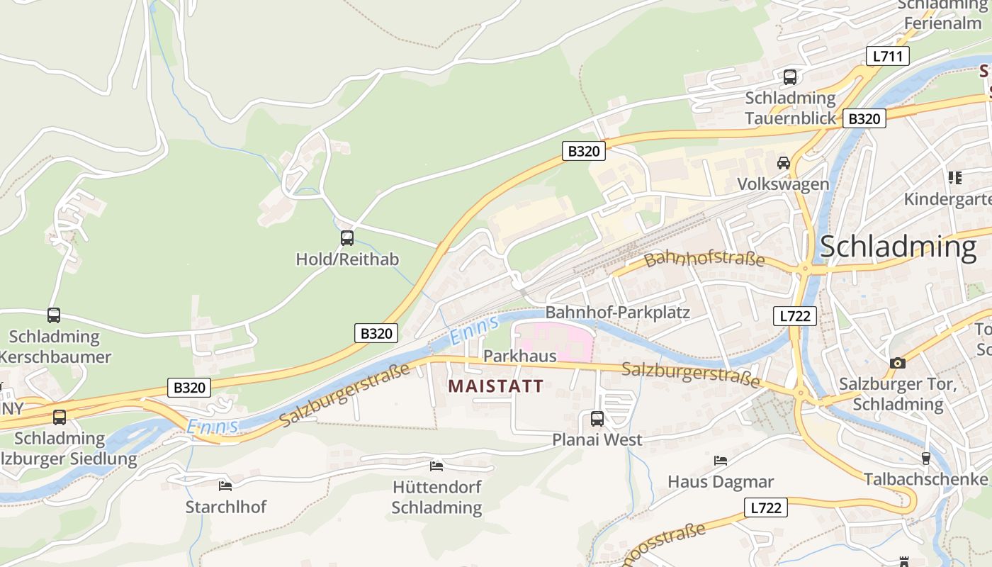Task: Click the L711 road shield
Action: (887, 56)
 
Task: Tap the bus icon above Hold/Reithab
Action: (346, 238)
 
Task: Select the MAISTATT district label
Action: (496, 386)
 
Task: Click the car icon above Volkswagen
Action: (784, 163)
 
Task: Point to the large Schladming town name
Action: (898, 247)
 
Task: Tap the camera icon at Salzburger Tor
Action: (898, 363)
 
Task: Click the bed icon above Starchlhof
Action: (225, 485)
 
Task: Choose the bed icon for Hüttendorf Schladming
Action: (436, 466)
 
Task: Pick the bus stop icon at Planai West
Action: (597, 418)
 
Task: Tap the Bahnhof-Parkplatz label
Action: (617, 312)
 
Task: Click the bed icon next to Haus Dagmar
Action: (721, 461)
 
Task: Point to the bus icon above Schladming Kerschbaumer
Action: (54, 315)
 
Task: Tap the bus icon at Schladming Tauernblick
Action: (789, 77)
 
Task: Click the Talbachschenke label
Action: (925, 479)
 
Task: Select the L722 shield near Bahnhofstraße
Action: (794, 316)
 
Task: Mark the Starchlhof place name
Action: (226, 507)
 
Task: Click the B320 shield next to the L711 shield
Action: (864, 118)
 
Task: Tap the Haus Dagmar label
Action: (721, 482)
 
